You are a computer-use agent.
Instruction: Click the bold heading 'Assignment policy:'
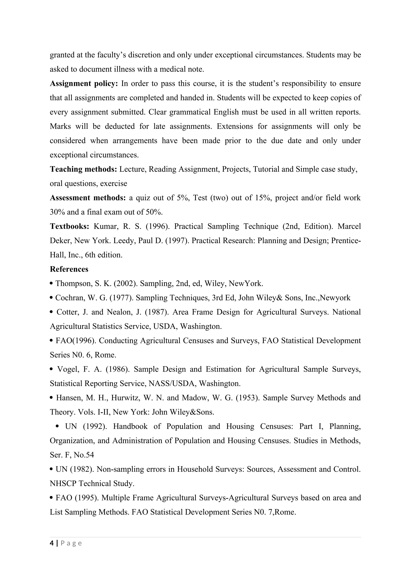[x=84, y=83]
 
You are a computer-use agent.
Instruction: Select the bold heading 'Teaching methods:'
[x=83, y=169]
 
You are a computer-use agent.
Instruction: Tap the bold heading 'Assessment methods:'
[x=87, y=198]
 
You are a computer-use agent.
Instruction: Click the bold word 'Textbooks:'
[x=69, y=226]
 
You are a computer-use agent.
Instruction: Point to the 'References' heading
[x=69, y=269]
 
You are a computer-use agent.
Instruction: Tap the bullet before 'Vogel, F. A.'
[x=52, y=369]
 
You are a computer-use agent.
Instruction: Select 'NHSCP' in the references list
[x=63, y=483]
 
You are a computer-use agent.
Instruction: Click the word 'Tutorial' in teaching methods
[x=266, y=169]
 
